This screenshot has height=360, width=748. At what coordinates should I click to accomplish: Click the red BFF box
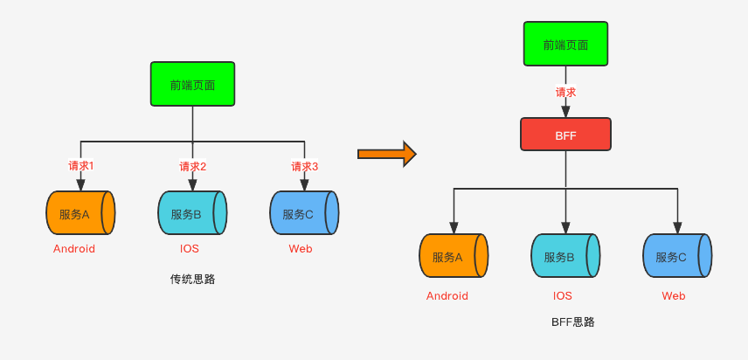click(565, 135)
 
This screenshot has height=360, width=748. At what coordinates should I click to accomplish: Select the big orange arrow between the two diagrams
click(386, 154)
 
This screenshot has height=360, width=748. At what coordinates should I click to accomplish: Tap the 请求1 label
click(81, 166)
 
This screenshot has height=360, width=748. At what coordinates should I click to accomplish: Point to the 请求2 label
click(193, 166)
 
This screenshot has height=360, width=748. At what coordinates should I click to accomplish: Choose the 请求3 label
click(305, 166)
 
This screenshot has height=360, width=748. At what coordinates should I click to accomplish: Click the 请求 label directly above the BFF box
click(565, 92)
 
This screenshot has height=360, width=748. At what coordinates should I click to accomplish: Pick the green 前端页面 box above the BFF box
click(565, 45)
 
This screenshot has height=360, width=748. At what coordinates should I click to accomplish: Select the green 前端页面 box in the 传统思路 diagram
click(192, 84)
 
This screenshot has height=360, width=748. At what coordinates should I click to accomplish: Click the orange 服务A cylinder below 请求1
click(80, 213)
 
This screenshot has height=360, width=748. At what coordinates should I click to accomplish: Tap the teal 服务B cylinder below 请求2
click(192, 213)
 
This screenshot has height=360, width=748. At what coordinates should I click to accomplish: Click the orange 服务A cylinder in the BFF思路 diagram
click(454, 256)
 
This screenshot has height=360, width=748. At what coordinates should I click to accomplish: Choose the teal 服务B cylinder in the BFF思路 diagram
click(565, 256)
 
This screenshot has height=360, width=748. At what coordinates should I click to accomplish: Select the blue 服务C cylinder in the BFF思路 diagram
click(677, 256)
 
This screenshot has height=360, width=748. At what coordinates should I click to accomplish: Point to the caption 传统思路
click(192, 280)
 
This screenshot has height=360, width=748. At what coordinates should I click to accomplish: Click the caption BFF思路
click(572, 322)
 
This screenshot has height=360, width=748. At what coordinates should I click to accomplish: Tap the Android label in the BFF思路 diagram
click(447, 296)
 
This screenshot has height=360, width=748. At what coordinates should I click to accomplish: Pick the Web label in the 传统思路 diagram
click(301, 249)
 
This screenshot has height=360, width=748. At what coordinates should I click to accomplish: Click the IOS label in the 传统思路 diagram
click(190, 249)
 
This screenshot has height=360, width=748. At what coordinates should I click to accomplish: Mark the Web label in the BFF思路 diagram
click(673, 296)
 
